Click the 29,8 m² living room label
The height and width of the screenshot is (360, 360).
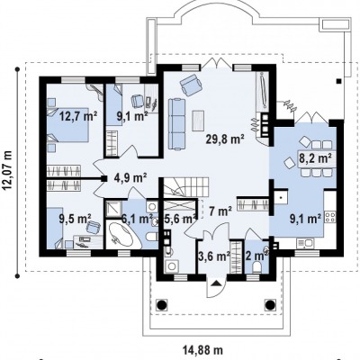225,139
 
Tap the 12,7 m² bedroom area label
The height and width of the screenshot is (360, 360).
78,115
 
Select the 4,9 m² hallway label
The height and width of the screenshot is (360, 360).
130,177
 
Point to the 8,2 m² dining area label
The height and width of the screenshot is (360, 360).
315,157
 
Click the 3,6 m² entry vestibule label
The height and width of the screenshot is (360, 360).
214,256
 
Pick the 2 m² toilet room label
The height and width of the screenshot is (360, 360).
256,256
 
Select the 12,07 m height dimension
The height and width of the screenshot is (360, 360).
7,170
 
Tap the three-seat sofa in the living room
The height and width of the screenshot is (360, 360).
177,124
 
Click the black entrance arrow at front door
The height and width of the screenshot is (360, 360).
216,283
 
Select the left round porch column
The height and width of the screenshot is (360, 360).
161,304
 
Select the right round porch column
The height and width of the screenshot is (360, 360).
269,304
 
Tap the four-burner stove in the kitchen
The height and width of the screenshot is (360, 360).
330,217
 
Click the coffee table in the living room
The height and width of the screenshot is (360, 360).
198,121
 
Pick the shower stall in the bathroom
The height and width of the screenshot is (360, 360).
113,209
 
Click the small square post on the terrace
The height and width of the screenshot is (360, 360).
338,81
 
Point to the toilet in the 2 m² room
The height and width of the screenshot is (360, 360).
256,267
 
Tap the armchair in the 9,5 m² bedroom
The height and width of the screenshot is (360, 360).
94,227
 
